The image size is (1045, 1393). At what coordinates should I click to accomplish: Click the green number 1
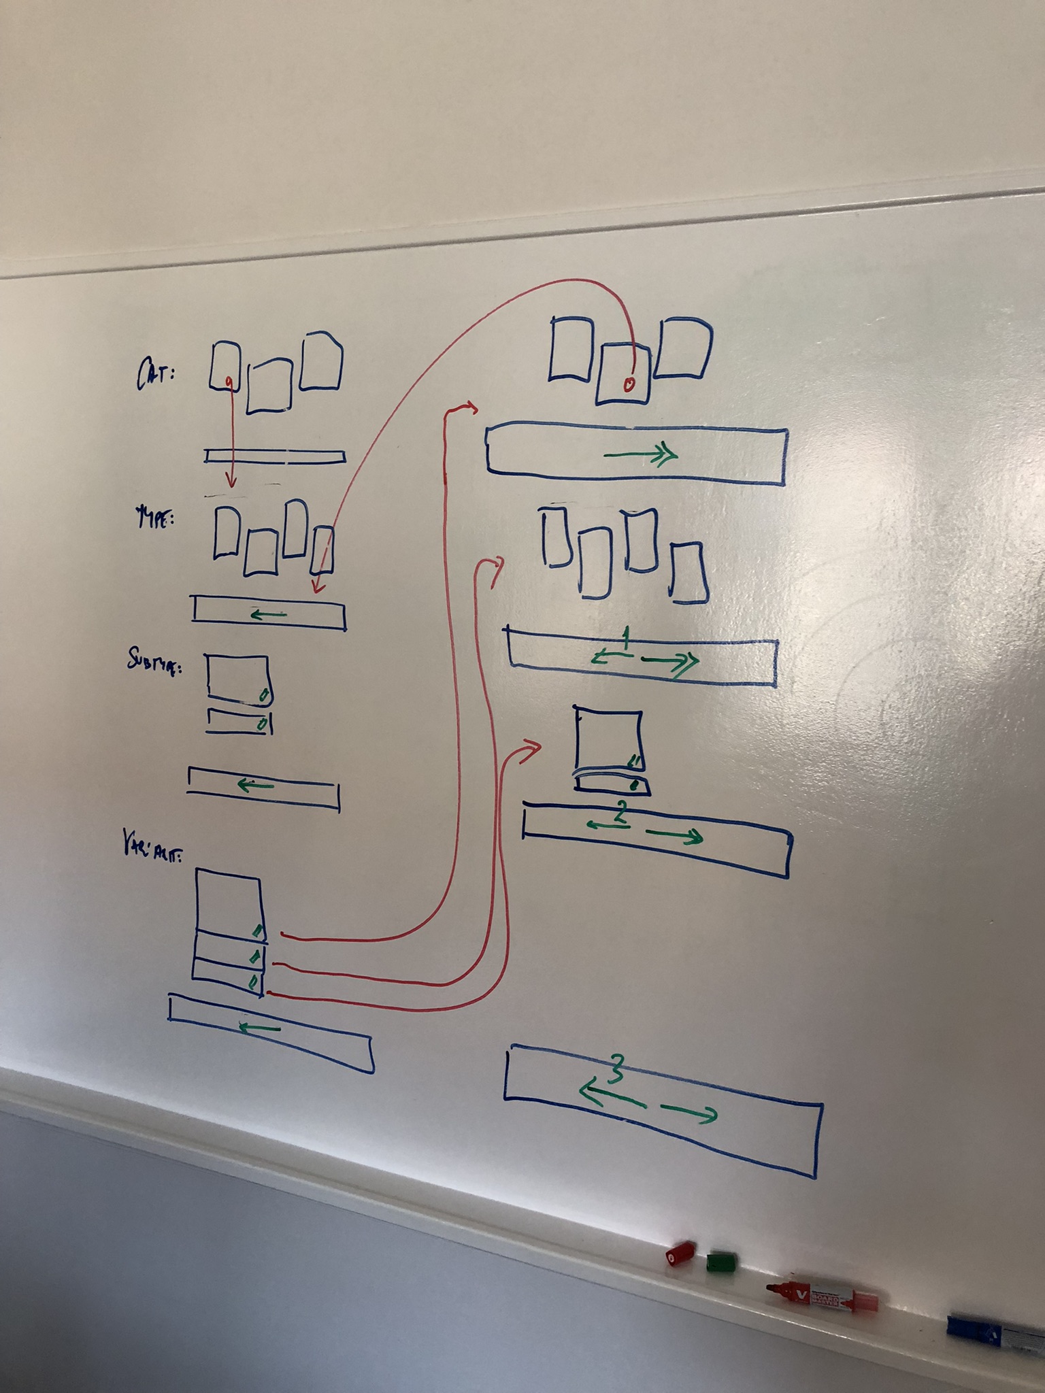point(627,638)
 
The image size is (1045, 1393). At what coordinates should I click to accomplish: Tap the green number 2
point(620,813)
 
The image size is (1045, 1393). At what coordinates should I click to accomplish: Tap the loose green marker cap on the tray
point(721,1262)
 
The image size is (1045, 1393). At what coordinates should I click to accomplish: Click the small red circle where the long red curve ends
point(629,385)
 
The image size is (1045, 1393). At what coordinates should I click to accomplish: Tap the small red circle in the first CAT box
point(230,380)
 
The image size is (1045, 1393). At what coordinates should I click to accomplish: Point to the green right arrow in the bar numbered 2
point(673,836)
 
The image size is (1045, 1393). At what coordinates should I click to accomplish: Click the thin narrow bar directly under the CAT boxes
point(275,456)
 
